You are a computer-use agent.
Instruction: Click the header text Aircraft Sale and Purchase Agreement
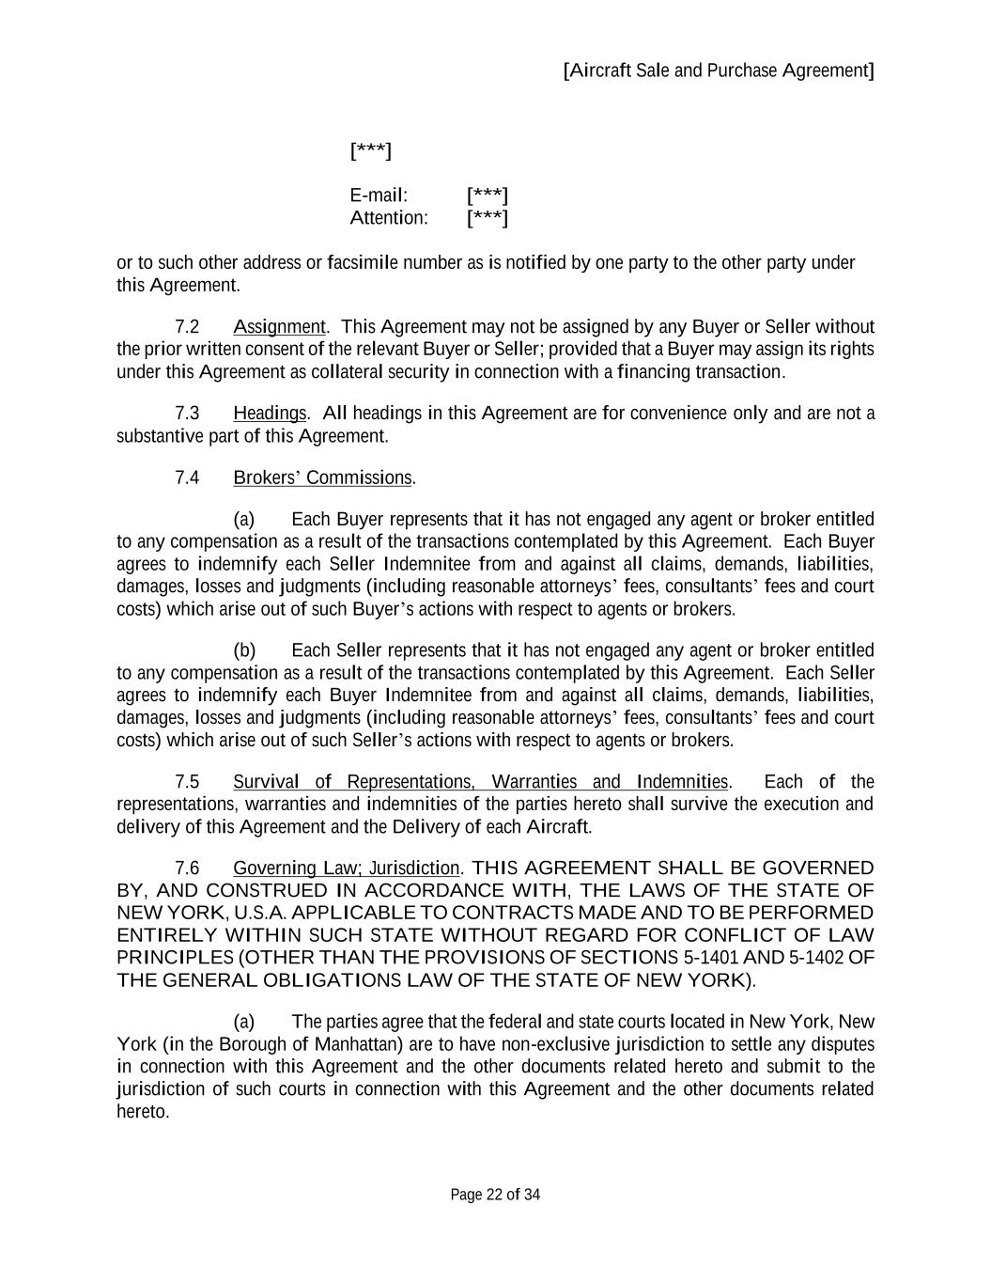click(719, 70)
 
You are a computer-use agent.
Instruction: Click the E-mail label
click(379, 196)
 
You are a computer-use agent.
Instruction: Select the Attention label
click(388, 218)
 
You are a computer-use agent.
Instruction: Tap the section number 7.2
click(187, 327)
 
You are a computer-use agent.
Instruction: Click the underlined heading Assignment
click(279, 327)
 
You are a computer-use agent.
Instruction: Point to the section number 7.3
click(187, 414)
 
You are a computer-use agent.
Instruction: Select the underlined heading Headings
click(270, 414)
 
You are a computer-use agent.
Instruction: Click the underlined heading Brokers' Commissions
click(322, 477)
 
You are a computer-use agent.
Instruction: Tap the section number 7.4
click(187, 477)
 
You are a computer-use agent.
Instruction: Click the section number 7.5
click(187, 782)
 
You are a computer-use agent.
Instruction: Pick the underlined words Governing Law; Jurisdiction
click(346, 868)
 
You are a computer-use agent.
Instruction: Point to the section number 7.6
click(187, 868)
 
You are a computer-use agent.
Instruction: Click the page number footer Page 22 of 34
click(495, 1195)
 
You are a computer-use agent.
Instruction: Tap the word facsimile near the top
click(363, 262)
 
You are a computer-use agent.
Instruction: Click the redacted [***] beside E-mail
click(487, 196)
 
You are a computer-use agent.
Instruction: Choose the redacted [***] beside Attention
click(487, 218)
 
